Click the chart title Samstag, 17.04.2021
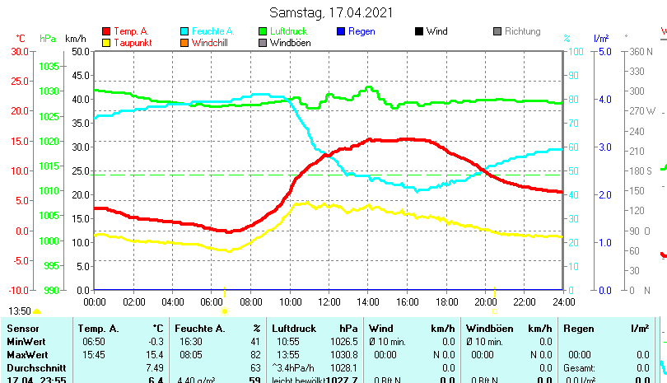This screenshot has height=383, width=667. (x=332, y=12)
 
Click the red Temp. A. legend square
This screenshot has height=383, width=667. (x=106, y=32)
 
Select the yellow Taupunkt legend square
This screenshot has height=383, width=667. (x=106, y=43)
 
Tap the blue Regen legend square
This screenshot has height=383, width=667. (x=342, y=32)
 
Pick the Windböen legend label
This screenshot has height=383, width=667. (x=290, y=43)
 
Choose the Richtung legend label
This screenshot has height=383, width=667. (x=523, y=32)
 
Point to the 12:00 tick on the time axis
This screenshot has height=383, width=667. (x=329, y=301)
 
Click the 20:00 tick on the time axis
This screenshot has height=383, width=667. (x=485, y=301)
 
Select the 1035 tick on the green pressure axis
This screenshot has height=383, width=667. (x=49, y=66)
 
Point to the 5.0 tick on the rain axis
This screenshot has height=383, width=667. (x=603, y=51)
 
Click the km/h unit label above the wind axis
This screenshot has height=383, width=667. (x=75, y=39)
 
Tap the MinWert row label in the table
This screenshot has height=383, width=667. (x=24, y=341)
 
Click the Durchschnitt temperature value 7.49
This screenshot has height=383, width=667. (x=155, y=367)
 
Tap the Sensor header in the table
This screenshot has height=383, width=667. (x=22, y=329)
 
